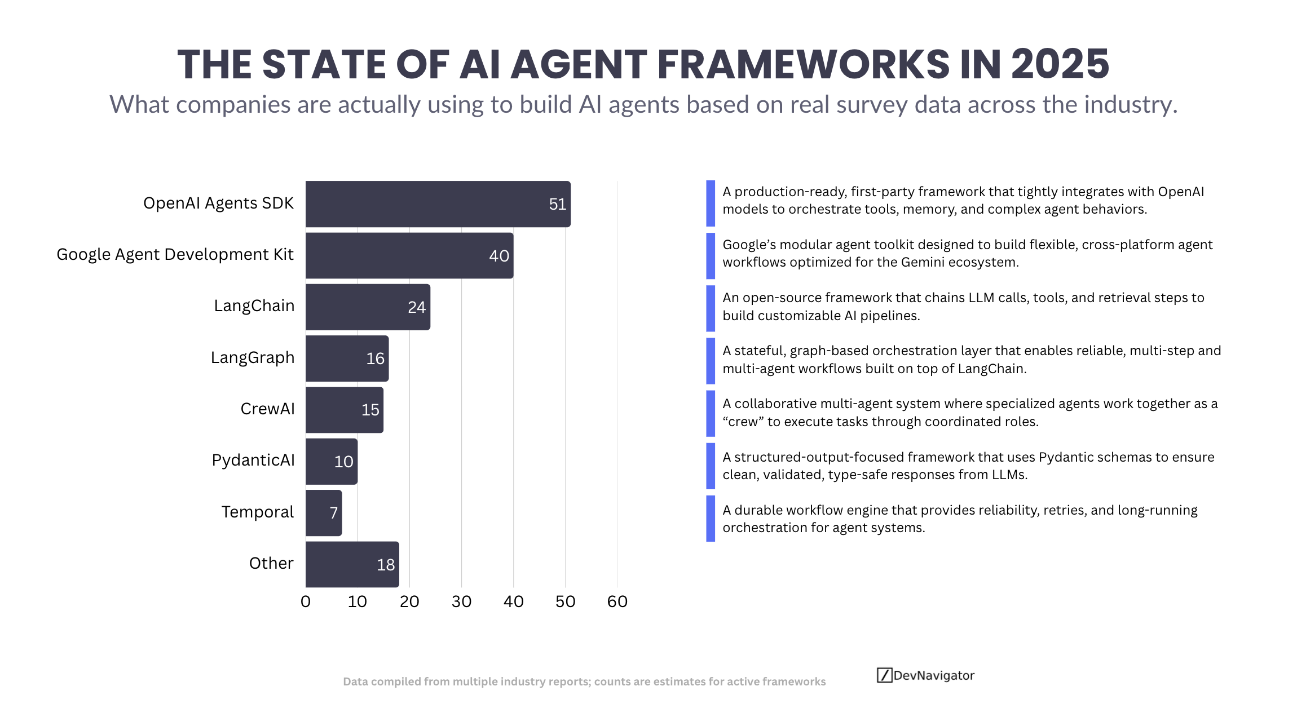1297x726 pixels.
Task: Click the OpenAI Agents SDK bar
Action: click(x=438, y=204)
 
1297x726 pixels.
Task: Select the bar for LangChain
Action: click(x=368, y=307)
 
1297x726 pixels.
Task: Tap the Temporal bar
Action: click(x=324, y=513)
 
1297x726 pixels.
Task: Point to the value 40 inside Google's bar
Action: click(x=499, y=256)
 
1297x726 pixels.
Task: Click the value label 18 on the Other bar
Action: click(x=386, y=565)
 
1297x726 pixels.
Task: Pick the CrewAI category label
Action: click(x=267, y=409)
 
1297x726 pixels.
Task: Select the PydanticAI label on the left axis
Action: click(x=253, y=460)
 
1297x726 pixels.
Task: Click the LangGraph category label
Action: click(x=253, y=357)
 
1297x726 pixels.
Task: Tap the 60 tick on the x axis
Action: click(x=617, y=601)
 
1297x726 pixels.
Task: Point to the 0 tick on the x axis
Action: click(x=306, y=601)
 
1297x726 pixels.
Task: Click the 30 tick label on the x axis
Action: click(x=461, y=601)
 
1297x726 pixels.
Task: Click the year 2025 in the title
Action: click(x=1060, y=64)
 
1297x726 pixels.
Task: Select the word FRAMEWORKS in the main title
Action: click(x=803, y=64)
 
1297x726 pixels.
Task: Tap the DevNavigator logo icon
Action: click(x=884, y=675)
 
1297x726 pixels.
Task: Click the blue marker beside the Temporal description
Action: click(x=711, y=519)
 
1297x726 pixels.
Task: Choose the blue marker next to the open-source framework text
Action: click(x=711, y=308)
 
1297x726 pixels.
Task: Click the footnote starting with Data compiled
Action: click(x=584, y=681)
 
